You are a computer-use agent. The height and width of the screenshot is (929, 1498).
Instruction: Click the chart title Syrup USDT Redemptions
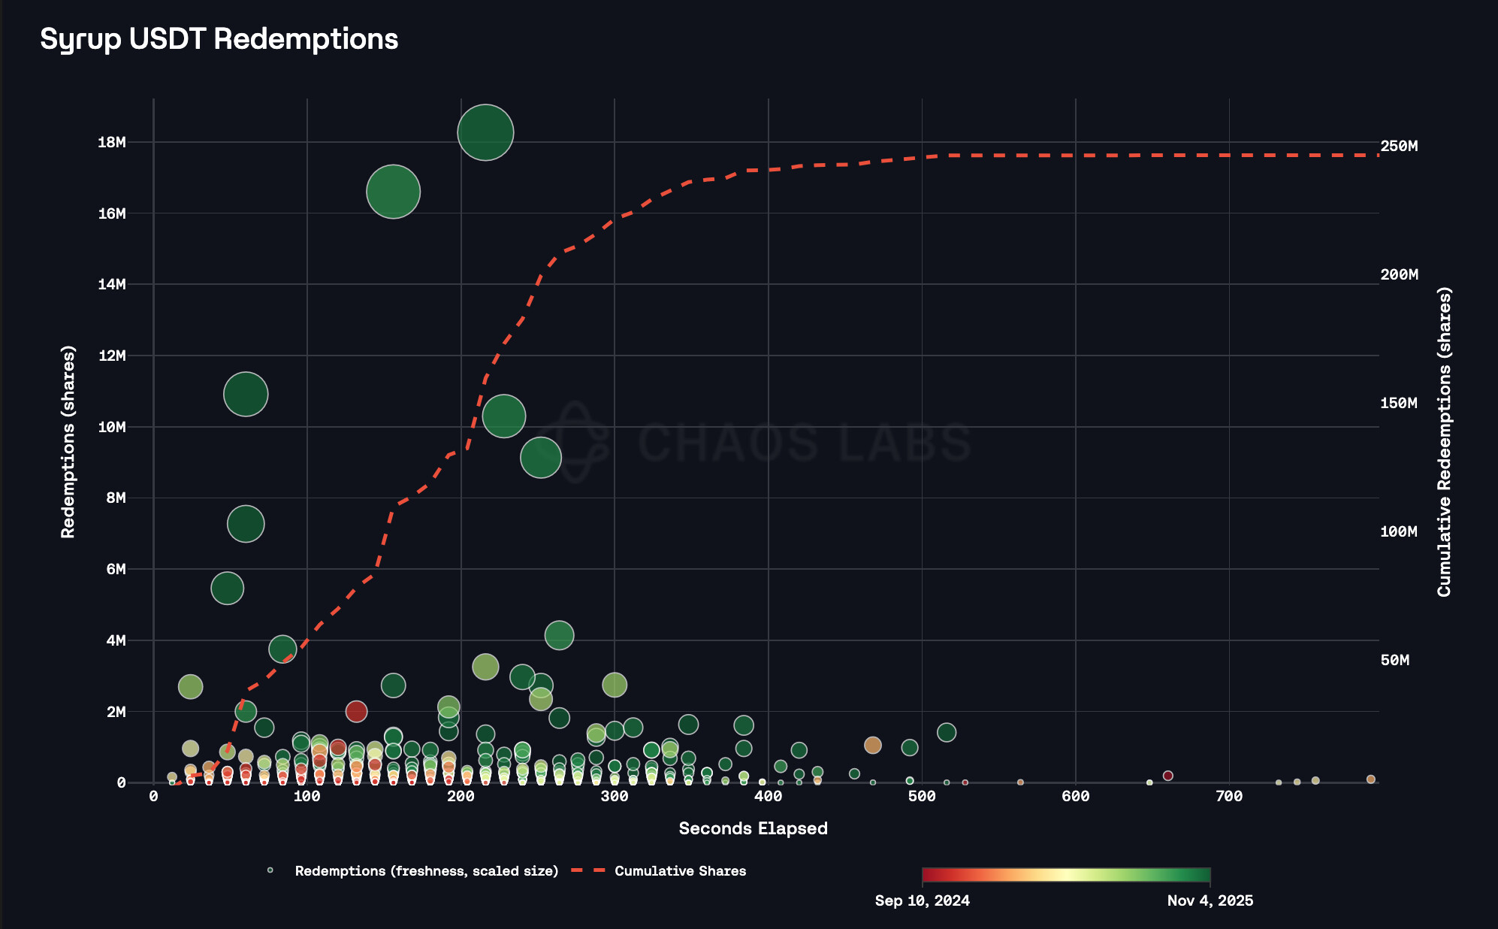pyautogui.click(x=219, y=39)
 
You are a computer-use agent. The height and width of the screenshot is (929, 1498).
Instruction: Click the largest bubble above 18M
pyautogui.click(x=485, y=132)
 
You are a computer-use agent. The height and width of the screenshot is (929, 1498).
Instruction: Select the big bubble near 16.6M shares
pyautogui.click(x=393, y=192)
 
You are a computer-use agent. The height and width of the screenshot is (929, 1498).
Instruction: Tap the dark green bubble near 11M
pyautogui.click(x=246, y=394)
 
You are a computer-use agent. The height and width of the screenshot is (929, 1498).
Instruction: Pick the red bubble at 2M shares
pyautogui.click(x=356, y=711)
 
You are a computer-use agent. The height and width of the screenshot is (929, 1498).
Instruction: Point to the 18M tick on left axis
pyautogui.click(x=111, y=142)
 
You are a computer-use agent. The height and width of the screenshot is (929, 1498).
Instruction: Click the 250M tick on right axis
pyautogui.click(x=1399, y=146)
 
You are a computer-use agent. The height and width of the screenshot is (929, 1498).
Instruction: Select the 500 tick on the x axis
pyautogui.click(x=922, y=797)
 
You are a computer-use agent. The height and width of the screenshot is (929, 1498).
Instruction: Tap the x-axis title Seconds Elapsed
pyautogui.click(x=753, y=828)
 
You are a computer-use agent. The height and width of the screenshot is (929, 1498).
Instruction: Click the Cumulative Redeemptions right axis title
pyautogui.click(x=1444, y=442)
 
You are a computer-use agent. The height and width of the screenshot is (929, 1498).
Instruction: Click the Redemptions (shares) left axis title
pyautogui.click(x=68, y=442)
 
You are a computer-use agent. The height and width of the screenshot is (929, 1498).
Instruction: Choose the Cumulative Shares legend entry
pyautogui.click(x=680, y=871)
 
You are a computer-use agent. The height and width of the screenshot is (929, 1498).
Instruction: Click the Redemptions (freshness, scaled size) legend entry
pyautogui.click(x=426, y=871)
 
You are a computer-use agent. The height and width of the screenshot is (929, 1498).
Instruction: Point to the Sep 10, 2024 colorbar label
pyautogui.click(x=922, y=900)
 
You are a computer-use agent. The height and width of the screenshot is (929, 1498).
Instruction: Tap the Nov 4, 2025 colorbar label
pyautogui.click(x=1210, y=900)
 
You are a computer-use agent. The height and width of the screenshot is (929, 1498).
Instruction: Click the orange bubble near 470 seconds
pyautogui.click(x=872, y=745)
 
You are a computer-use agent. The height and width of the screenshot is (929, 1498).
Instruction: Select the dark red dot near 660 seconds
pyautogui.click(x=1167, y=776)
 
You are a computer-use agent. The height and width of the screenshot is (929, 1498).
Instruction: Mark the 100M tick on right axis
pyautogui.click(x=1399, y=531)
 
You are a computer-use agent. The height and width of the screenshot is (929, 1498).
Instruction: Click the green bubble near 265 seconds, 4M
pyautogui.click(x=559, y=635)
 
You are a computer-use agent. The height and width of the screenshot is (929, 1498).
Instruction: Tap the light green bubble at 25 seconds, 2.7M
pyautogui.click(x=191, y=686)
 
